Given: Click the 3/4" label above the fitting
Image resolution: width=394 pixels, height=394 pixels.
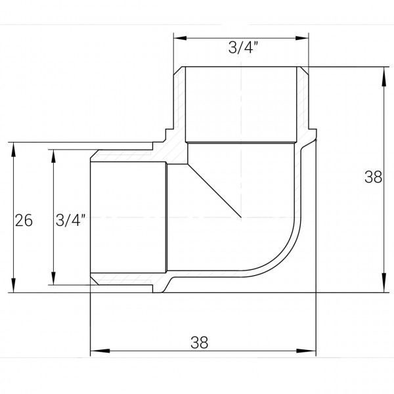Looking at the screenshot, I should pyautogui.click(x=241, y=47).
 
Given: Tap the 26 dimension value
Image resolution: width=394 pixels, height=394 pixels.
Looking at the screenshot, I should pyautogui.click(x=24, y=221).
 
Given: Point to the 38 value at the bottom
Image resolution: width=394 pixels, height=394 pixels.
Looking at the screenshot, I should pyautogui.click(x=199, y=341).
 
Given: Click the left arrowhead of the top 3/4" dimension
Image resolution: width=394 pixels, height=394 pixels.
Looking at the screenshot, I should pyautogui.click(x=177, y=37).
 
